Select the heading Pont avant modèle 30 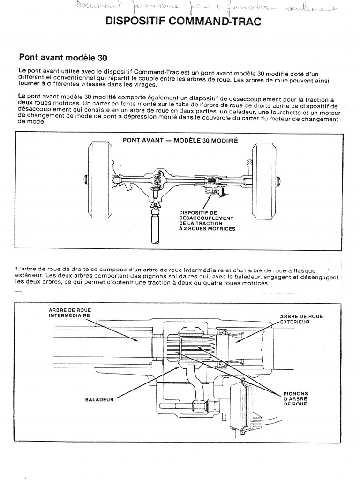point(63,58)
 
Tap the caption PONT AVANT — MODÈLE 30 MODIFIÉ point(180,140)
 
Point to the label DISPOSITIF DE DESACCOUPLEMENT point(207,221)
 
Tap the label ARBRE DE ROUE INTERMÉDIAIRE point(70,313)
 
